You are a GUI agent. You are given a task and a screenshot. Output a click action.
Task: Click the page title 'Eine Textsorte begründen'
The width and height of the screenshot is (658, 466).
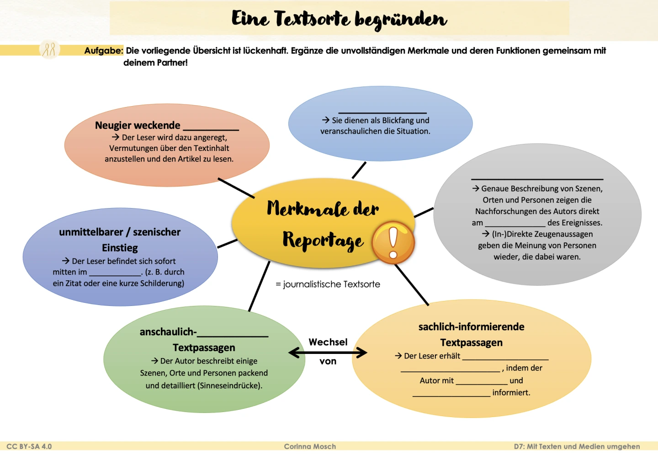pyautogui.click(x=339, y=19)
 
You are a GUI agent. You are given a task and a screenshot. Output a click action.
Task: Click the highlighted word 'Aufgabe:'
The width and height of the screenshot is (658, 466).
pyautogui.click(x=104, y=51)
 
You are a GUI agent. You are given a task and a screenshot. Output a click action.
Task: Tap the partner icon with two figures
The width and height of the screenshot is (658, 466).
pyautogui.click(x=49, y=49)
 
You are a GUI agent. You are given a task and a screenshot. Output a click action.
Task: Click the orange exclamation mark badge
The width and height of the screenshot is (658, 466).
pyautogui.click(x=393, y=242)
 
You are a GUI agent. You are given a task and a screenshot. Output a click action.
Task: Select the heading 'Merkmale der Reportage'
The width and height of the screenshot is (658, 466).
pyautogui.click(x=323, y=224)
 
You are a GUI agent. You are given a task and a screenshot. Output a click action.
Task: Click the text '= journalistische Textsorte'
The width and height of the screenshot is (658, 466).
pyautogui.click(x=328, y=284)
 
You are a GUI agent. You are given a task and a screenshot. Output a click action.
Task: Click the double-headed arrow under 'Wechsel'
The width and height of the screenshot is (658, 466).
pyautogui.click(x=328, y=353)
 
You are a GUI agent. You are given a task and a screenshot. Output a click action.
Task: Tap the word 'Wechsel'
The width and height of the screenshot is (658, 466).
pyautogui.click(x=328, y=342)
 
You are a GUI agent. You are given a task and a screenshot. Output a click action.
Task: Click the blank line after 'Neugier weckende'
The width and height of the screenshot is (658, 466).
pyautogui.click(x=211, y=129)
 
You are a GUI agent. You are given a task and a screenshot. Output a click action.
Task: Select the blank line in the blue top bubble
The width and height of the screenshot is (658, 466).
pyautogui.click(x=382, y=112)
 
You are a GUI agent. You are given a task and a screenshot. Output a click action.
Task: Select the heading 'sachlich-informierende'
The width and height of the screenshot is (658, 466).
pyautogui.click(x=471, y=327)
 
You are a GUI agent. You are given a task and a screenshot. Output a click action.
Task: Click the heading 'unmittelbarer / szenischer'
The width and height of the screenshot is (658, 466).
pyautogui.click(x=120, y=232)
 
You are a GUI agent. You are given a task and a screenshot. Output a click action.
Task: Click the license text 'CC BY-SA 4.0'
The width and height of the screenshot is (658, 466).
pyautogui.click(x=29, y=446)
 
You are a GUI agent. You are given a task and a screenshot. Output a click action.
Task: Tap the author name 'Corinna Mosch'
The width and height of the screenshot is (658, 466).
pyautogui.click(x=310, y=446)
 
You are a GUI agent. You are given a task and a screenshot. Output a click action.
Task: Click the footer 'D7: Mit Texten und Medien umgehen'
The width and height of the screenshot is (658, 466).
pyautogui.click(x=577, y=446)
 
